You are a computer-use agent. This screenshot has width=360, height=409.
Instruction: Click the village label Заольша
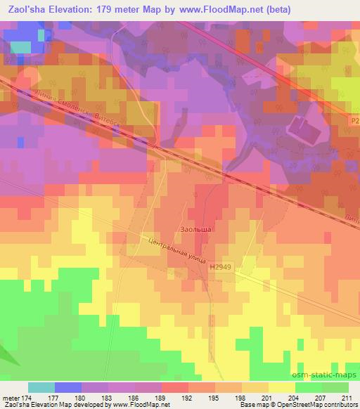tap(193, 229)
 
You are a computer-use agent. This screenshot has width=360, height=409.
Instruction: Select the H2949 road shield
tap(220, 267)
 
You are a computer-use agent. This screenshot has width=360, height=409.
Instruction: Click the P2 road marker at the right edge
tap(354, 121)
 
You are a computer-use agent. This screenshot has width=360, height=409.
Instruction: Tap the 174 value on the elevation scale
tap(25, 398)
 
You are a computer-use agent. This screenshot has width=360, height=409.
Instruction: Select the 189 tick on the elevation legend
tap(160, 398)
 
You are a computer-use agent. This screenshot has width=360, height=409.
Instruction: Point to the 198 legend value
tap(241, 398)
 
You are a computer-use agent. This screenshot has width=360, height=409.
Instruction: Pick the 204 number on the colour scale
tap(295, 398)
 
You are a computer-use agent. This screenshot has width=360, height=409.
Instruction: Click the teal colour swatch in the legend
tap(41, 387)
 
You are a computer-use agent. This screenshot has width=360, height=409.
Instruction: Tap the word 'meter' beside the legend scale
tap(9, 398)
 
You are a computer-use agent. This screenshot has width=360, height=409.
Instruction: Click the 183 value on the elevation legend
tap(106, 398)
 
